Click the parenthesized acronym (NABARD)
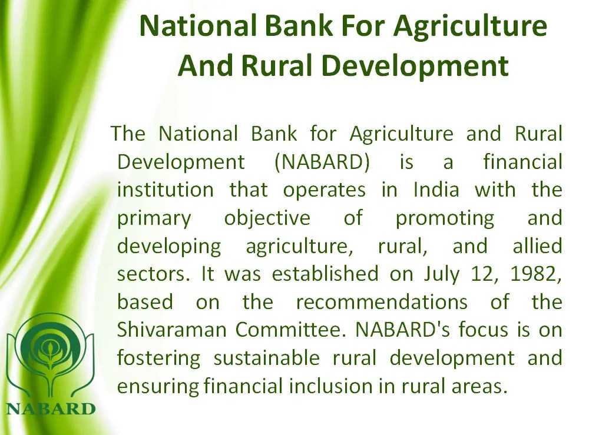(x=322, y=162)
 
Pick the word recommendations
(x=382, y=302)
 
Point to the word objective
(x=267, y=218)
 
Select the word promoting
(x=445, y=218)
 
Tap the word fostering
(x=158, y=358)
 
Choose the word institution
(x=165, y=190)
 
